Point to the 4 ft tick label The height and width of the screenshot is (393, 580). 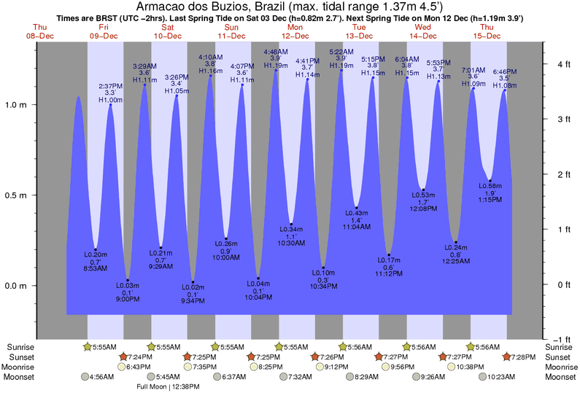point(562,64)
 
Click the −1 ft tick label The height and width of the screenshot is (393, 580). point(561,339)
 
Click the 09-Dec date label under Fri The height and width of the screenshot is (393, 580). point(104,36)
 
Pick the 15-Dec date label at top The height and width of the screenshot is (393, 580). point(487,36)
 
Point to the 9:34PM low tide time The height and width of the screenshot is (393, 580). point(193,300)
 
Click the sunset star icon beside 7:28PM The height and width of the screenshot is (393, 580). point(507,357)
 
